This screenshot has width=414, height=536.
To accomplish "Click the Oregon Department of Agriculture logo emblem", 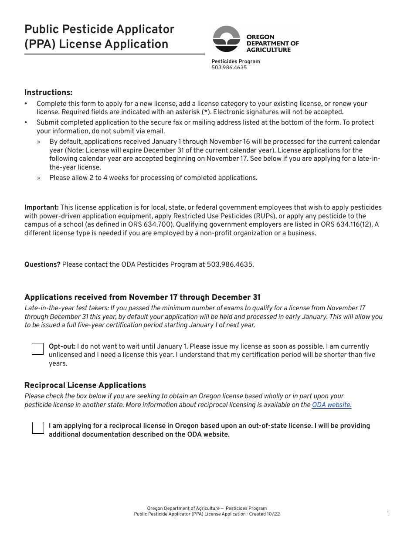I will [x=226, y=39].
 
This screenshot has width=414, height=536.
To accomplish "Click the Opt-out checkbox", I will [x=38, y=349].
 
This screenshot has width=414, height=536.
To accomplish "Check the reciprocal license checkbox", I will [x=38, y=428].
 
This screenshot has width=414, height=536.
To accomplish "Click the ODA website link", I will [x=332, y=405].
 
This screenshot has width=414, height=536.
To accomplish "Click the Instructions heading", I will [x=48, y=92].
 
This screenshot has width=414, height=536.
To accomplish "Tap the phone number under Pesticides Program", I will [x=229, y=68].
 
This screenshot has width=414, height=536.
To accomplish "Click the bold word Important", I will [x=41, y=207].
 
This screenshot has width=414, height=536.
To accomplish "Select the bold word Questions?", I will [x=42, y=265].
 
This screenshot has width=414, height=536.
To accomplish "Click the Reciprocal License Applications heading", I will [x=85, y=385].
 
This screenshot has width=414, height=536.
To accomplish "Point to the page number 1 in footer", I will [x=388, y=513].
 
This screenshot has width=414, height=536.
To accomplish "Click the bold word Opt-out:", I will [x=62, y=346].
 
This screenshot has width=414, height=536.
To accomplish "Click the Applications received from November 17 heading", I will [x=142, y=297].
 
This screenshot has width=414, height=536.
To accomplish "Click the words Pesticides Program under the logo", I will [x=235, y=61].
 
